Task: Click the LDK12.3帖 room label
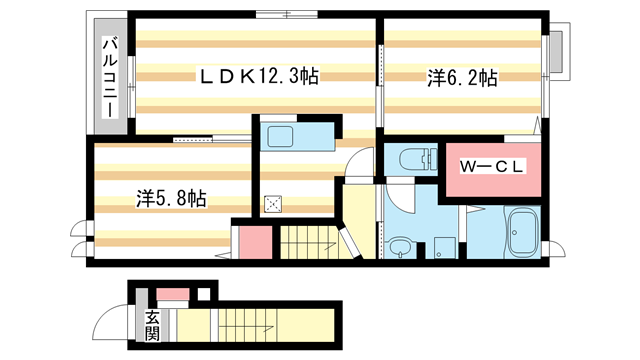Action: pyautogui.click(x=258, y=75)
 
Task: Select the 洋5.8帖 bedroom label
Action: pyautogui.click(x=172, y=198)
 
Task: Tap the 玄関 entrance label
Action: pyautogui.click(x=153, y=326)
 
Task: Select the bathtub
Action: pyautogui.click(x=523, y=233)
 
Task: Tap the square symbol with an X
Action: pyautogui.click(x=273, y=204)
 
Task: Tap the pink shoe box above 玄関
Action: pyautogui.click(x=172, y=294)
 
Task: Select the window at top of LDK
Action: pyautogui.click(x=284, y=13)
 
